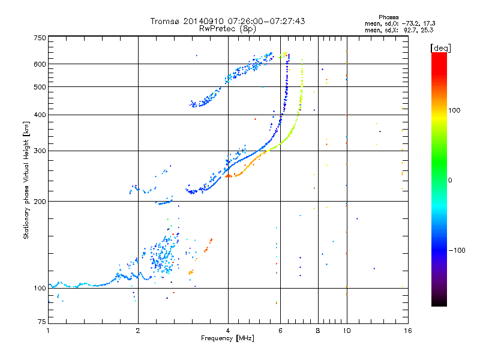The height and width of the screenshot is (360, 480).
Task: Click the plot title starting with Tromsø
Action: pos(227,21)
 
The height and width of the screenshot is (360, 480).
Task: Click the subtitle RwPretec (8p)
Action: pos(227,28)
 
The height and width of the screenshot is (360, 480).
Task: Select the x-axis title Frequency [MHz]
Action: pos(227,339)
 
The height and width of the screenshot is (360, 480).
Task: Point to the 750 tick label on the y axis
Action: pos(40,38)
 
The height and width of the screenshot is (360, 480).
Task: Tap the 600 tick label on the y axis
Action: pos(40,64)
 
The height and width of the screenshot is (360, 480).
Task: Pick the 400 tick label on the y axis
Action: pos(40,115)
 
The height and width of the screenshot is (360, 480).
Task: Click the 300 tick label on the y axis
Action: pos(40,151)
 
